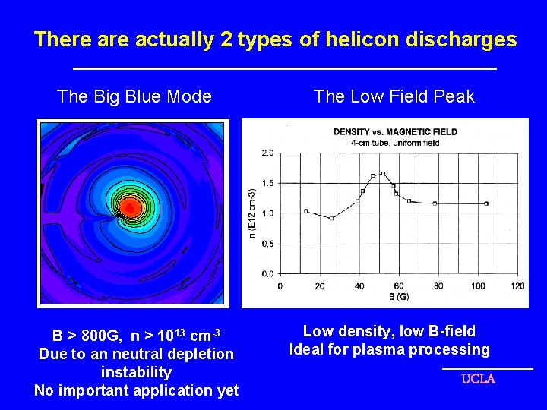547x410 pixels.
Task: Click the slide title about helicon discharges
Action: pyautogui.click(x=275, y=39)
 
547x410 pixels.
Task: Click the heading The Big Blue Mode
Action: pyautogui.click(x=134, y=96)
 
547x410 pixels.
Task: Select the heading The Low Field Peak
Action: pyautogui.click(x=394, y=96)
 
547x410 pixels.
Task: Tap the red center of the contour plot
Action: pyautogui.click(x=129, y=207)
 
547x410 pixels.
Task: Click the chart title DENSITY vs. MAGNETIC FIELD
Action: pyautogui.click(x=395, y=131)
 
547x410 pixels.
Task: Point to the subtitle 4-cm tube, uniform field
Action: pyautogui.click(x=394, y=140)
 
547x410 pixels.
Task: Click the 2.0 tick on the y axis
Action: pyautogui.click(x=267, y=153)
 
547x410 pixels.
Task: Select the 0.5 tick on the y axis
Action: pyautogui.click(x=267, y=244)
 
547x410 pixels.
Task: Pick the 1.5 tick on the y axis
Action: pyautogui.click(x=267, y=183)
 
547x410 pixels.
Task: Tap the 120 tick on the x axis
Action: pyautogui.click(x=518, y=285)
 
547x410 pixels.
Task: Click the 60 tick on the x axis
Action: pyautogui.click(x=399, y=285)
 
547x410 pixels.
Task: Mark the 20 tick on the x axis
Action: pyautogui.click(x=320, y=285)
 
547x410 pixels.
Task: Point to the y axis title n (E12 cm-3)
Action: pyautogui.click(x=253, y=213)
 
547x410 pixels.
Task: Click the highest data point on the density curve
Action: pyautogui.click(x=383, y=174)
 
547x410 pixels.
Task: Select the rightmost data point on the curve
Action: pyautogui.click(x=486, y=203)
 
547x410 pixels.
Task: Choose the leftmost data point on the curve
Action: pyautogui.click(x=306, y=211)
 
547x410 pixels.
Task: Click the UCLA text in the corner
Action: pyautogui.click(x=478, y=379)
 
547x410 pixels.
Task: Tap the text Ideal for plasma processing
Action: pyautogui.click(x=390, y=350)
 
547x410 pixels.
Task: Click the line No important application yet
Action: pyautogui.click(x=137, y=390)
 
